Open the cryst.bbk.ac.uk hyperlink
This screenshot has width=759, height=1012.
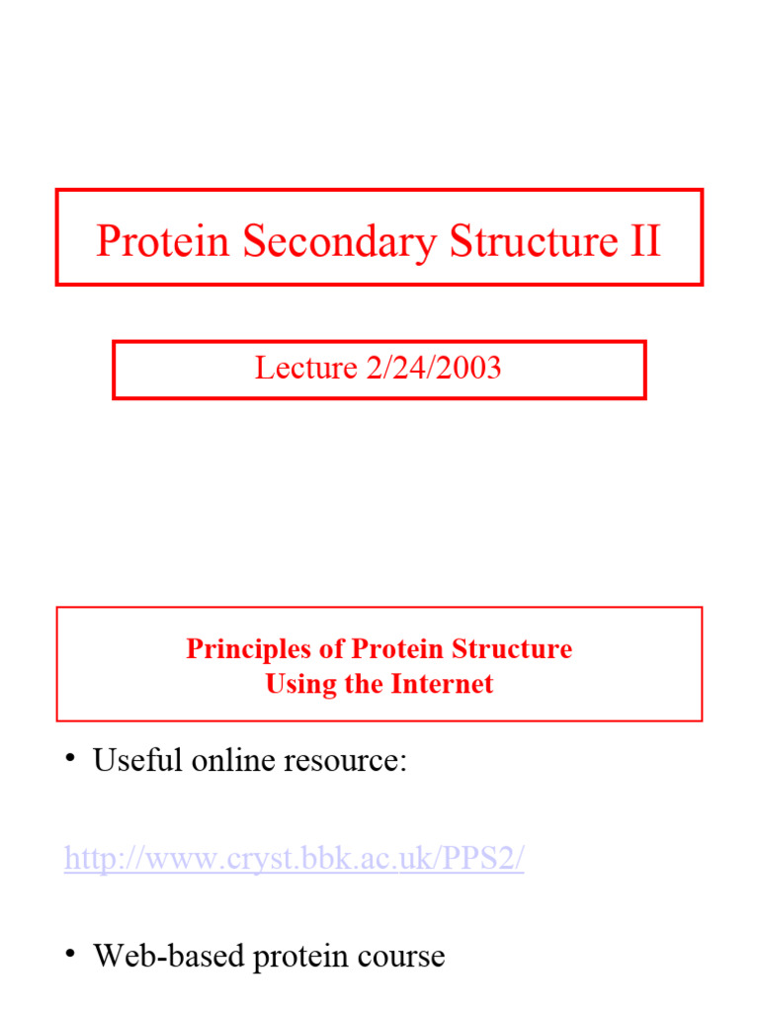click(294, 859)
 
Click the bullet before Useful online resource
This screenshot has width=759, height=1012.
click(71, 759)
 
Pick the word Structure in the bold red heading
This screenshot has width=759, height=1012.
click(511, 649)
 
